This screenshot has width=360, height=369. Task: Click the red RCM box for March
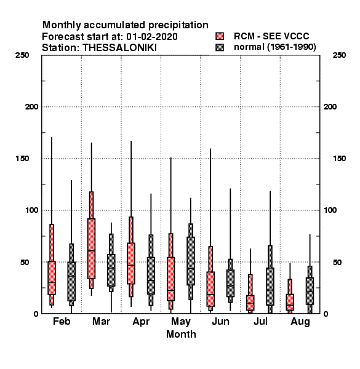click(91, 248)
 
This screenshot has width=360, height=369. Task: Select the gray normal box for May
click(191, 261)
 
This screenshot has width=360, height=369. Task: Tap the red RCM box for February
click(52, 278)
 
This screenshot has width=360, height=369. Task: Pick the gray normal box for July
click(270, 287)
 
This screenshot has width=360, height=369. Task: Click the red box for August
click(290, 302)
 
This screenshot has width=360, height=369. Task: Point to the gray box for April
click(151, 276)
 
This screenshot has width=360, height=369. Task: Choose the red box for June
click(210, 289)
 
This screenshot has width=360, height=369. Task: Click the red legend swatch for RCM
click(220, 36)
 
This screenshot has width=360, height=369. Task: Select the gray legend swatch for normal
click(220, 47)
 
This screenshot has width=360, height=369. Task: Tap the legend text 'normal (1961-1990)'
click(274, 47)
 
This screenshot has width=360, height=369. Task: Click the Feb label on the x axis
click(62, 321)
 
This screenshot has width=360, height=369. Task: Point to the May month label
click(181, 322)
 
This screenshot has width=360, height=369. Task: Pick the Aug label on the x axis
click(300, 322)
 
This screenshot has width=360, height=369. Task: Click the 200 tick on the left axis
click(31, 107)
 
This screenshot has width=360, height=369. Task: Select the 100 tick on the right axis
click(330, 210)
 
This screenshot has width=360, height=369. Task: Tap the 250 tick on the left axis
click(22, 55)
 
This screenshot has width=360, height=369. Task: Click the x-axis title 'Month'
click(181, 334)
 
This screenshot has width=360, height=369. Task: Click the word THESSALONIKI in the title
click(119, 48)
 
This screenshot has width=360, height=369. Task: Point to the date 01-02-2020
click(152, 37)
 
